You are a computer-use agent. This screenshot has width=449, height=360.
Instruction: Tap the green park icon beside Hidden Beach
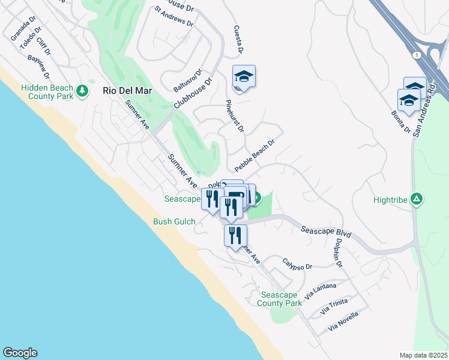(83, 92)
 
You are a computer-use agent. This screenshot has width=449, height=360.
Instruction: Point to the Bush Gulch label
(174, 222)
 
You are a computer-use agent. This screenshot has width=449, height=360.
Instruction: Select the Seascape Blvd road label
(325, 232)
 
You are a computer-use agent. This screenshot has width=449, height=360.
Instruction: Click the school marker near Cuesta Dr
(244, 77)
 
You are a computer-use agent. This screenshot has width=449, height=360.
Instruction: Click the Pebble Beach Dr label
(254, 155)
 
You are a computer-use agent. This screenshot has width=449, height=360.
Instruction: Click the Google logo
(20, 353)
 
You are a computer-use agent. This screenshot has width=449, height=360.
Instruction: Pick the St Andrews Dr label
(173, 17)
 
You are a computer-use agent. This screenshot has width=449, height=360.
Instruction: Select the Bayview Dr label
(38, 67)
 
